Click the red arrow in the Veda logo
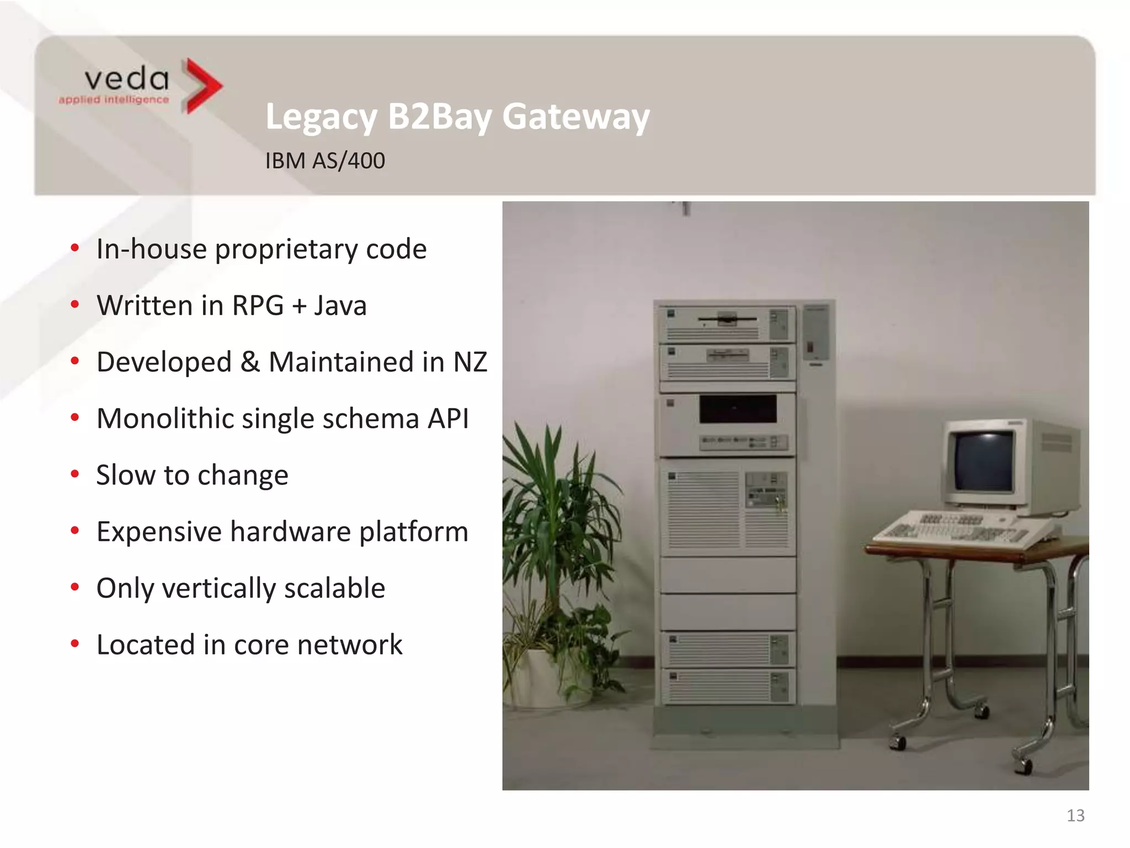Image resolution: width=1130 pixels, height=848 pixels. pos(202,86)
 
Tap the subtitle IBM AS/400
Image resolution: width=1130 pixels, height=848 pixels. pos(325,161)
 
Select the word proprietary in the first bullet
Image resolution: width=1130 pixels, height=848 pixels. pos(286,250)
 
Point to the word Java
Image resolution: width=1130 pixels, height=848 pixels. pos(340,305)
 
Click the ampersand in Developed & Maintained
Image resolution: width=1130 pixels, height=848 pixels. pos(250,362)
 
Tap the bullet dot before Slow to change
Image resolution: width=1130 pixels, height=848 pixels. pos(75,474)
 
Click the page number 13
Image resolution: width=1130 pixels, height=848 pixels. pos(1075,815)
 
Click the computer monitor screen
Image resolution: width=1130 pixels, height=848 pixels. pos(984,462)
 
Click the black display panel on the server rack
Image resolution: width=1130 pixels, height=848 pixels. pos(738,409)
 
